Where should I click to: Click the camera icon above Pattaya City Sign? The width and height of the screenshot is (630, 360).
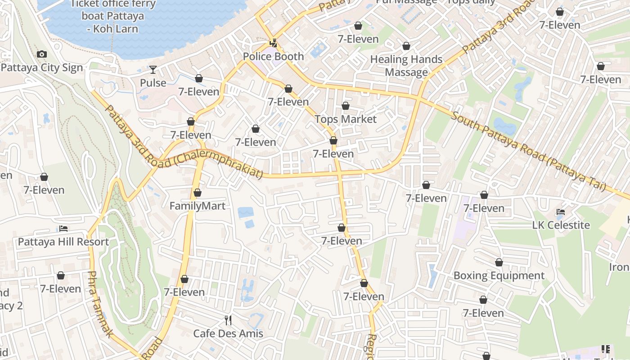42,54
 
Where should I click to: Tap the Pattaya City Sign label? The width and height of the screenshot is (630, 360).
42,68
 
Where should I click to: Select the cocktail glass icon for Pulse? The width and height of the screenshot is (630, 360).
153,69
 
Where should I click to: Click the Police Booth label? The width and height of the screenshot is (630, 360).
273,57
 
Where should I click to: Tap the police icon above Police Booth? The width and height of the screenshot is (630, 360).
273,43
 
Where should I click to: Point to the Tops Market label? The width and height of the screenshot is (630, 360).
345,119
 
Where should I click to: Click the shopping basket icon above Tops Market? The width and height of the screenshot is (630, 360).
345,106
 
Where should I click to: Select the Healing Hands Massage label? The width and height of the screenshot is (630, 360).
406,66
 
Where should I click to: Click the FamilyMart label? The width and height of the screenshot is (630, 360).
197,206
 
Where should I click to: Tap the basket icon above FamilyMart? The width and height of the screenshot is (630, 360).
197,193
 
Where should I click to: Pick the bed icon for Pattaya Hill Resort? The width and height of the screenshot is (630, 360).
63,229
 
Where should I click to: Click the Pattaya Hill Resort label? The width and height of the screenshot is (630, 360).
63,242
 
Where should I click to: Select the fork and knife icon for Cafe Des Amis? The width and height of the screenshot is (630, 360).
228,320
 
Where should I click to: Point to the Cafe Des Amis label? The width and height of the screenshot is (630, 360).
228,334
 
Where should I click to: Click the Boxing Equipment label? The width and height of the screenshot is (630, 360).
499,276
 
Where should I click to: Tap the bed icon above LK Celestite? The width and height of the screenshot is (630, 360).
561,211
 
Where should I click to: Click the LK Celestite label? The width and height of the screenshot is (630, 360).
561,225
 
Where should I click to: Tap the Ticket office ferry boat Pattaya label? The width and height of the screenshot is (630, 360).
113,16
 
